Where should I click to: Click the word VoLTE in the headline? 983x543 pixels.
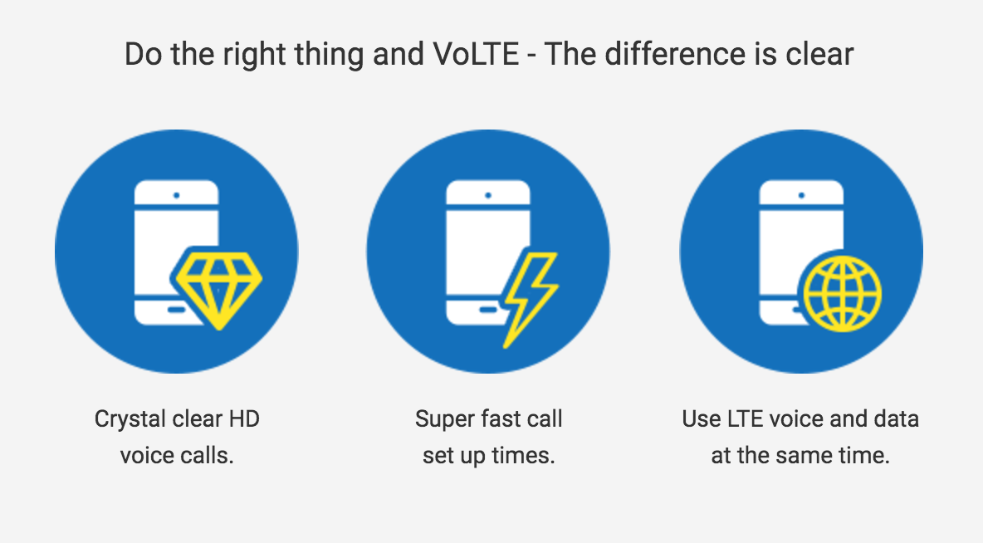[x=476, y=54]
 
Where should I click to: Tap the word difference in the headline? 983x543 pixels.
[x=675, y=54]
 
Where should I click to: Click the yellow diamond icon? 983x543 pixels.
[x=218, y=289]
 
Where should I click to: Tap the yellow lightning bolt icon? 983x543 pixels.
[x=531, y=300]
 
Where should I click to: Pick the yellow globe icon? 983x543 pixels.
[x=843, y=293]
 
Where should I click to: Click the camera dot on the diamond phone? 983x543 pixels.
[x=177, y=196]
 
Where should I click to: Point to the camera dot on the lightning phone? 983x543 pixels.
[x=488, y=196]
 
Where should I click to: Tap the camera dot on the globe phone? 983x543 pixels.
[x=801, y=196]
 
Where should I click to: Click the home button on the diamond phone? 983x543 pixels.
[x=177, y=310]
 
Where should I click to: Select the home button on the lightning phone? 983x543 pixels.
[x=487, y=310]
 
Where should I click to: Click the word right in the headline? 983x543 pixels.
[x=255, y=55]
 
